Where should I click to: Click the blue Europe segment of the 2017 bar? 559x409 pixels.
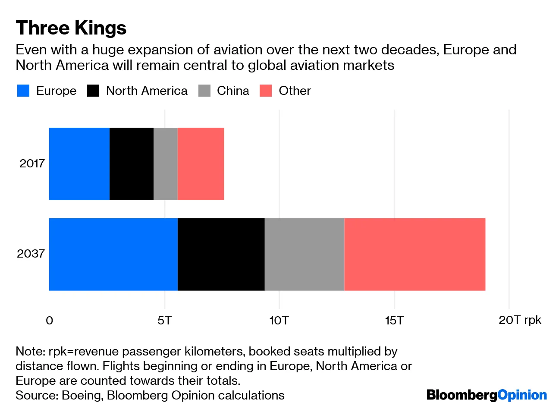click(x=79, y=164)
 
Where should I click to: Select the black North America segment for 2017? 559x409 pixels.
click(x=132, y=164)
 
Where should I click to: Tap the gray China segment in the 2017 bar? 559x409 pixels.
click(x=166, y=164)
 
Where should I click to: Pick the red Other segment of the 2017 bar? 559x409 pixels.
click(x=201, y=164)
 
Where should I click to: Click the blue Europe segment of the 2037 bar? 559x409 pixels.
click(x=113, y=255)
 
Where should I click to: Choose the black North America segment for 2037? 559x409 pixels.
click(x=221, y=255)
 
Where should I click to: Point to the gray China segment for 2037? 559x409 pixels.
click(x=305, y=255)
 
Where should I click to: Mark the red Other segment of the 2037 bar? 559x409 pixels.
click(x=415, y=255)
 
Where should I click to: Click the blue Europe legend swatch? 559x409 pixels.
click(x=23, y=91)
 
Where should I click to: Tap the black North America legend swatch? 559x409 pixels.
click(x=93, y=91)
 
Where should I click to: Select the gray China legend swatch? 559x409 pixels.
click(x=204, y=91)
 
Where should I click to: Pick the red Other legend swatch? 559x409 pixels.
click(x=266, y=91)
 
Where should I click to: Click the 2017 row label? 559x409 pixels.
click(x=32, y=164)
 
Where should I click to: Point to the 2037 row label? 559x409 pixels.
click(x=31, y=253)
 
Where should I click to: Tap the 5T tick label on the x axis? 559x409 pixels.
click(x=164, y=320)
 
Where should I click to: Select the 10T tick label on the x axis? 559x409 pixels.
click(x=279, y=320)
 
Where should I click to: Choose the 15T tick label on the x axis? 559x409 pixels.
click(x=394, y=320)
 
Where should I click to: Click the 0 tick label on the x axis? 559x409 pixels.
click(x=50, y=321)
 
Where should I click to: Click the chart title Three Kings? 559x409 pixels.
click(x=71, y=28)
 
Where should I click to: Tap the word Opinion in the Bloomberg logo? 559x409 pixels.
click(x=522, y=395)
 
